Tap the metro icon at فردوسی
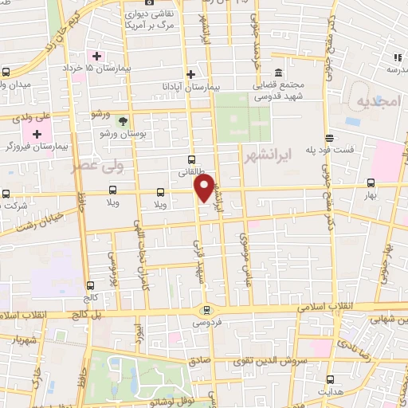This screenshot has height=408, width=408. (x=207, y=311)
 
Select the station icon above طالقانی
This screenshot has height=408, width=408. (x=191, y=159)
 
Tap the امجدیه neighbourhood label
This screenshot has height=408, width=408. (x=377, y=103)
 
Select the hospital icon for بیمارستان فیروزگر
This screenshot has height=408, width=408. (x=37, y=132)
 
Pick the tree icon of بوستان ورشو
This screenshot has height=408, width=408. (x=123, y=120)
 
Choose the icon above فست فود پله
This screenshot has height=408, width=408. (x=328, y=138)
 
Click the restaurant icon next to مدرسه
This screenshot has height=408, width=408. (x=397, y=57)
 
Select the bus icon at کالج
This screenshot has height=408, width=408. (x=90, y=284)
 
